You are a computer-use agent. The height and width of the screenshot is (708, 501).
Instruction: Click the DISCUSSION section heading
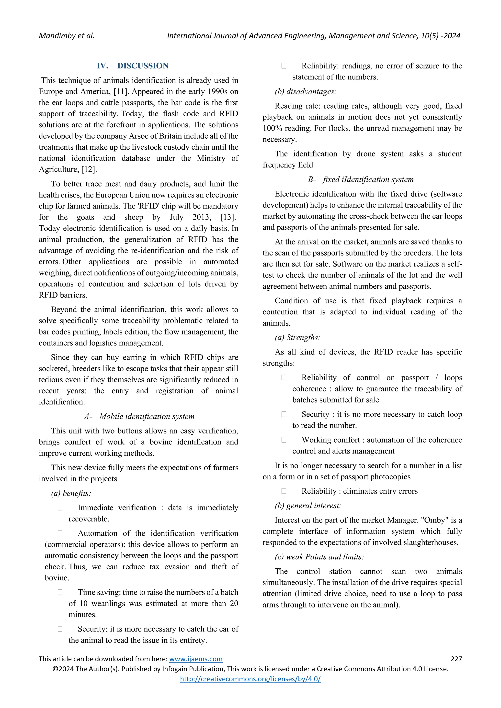143,66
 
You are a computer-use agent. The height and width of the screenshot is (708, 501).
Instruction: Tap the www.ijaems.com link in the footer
196,659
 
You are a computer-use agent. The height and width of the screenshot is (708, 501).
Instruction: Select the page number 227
456,659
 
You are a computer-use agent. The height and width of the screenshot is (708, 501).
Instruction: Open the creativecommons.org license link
250,679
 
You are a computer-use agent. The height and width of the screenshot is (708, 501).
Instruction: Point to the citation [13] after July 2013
228,217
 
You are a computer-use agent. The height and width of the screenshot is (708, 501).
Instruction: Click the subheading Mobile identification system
147,416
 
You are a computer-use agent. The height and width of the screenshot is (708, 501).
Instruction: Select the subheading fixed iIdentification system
368,179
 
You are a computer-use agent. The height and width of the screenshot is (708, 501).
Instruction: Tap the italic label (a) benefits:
71,493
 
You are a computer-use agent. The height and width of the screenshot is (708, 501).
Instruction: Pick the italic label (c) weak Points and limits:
319,557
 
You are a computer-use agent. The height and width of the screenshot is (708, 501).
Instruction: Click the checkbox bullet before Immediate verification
60,508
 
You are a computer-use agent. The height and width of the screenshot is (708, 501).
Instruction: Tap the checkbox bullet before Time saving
60,592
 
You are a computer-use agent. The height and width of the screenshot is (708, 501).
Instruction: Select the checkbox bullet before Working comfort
284,440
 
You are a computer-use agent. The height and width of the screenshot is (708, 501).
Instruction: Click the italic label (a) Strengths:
297,337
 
